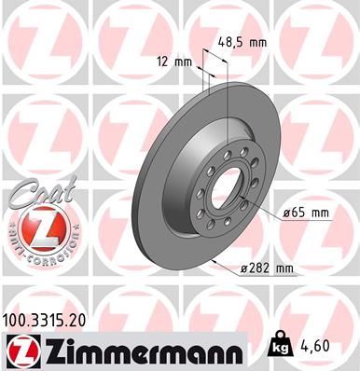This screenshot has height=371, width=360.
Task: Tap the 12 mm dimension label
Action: pos(174,62)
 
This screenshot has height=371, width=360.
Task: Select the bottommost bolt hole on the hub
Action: pos(220,233)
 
